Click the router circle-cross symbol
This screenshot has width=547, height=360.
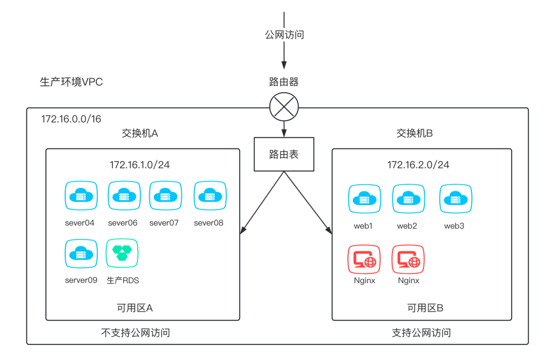click(284, 106)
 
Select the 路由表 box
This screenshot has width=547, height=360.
click(284, 154)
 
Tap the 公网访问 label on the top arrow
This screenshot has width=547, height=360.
click(284, 35)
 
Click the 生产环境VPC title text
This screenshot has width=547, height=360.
click(71, 82)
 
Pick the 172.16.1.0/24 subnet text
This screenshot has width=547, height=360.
click(140, 165)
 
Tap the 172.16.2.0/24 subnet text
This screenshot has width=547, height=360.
click(418, 165)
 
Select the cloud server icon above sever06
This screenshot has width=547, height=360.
click(123, 196)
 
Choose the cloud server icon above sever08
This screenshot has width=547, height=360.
click(210, 196)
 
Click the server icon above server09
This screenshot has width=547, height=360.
click(81, 253)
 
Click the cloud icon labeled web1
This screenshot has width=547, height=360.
click(363, 199)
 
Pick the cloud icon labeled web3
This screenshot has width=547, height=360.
click(455, 199)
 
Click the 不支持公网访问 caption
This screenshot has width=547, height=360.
click(135, 333)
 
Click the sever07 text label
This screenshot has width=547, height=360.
click(164, 223)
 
